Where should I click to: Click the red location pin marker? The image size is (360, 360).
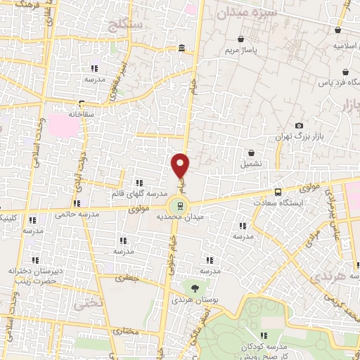(x=181, y=166)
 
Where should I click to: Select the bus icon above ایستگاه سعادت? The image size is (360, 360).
(x=279, y=191)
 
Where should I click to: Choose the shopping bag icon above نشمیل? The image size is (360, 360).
(x=251, y=153)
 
